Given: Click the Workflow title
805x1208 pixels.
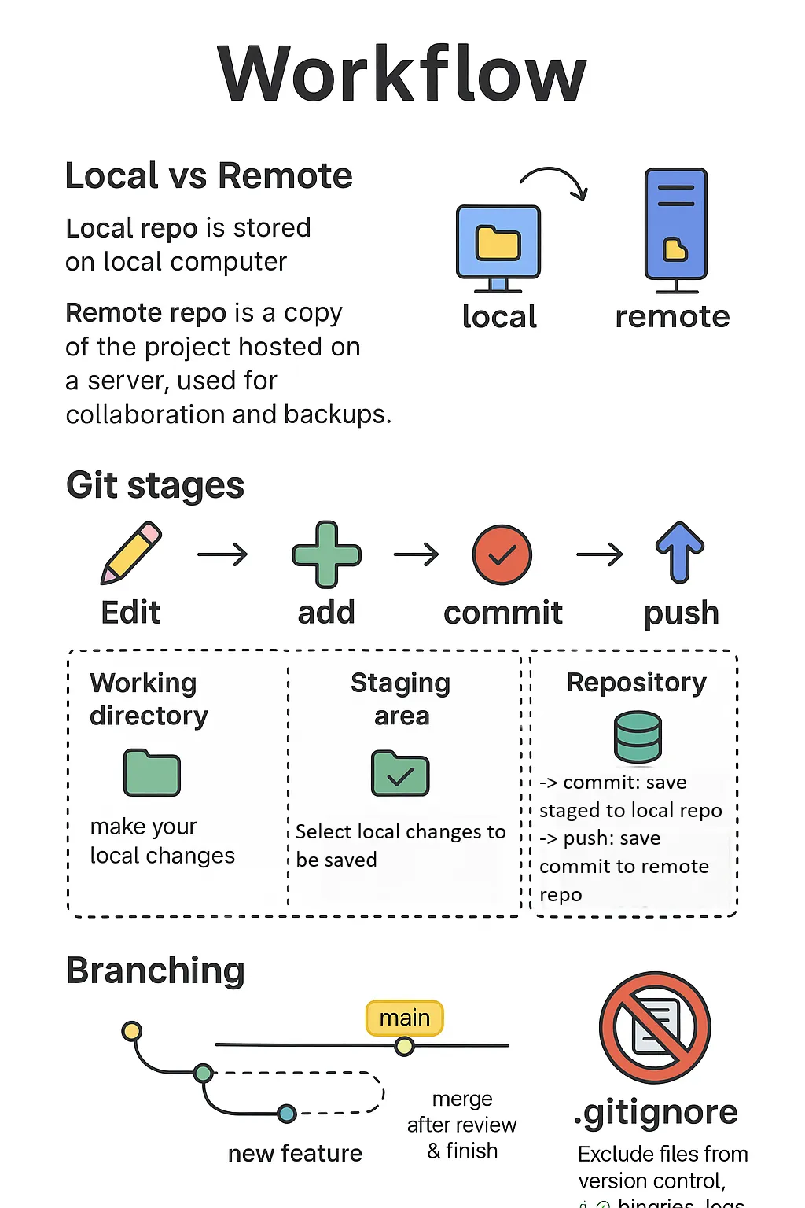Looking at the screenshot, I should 402,75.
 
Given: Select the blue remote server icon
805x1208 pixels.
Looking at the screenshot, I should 676,226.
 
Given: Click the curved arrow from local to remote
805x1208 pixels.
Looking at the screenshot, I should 555,181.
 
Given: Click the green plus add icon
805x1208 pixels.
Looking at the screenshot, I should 326,554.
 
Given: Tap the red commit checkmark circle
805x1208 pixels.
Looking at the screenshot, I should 502,554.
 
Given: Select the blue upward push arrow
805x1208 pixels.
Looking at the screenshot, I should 680,552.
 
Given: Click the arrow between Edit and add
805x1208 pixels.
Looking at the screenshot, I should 222,554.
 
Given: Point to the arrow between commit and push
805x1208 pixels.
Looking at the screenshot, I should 600,554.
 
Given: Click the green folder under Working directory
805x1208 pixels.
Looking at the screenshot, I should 153,773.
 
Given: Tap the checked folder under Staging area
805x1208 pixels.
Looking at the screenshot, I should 400,774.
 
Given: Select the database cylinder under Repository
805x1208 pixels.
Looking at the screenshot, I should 638,737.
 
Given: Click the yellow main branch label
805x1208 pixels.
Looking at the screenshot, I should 405,1018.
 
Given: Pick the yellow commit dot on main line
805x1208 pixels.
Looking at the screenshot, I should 405,1046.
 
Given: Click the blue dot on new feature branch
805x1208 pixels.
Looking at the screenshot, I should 287,1113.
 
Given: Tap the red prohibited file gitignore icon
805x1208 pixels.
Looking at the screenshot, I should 655,1028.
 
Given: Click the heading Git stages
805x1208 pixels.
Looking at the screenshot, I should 155,485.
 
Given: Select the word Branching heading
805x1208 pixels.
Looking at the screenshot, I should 155,970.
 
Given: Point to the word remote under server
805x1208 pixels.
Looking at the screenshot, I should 672,316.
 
